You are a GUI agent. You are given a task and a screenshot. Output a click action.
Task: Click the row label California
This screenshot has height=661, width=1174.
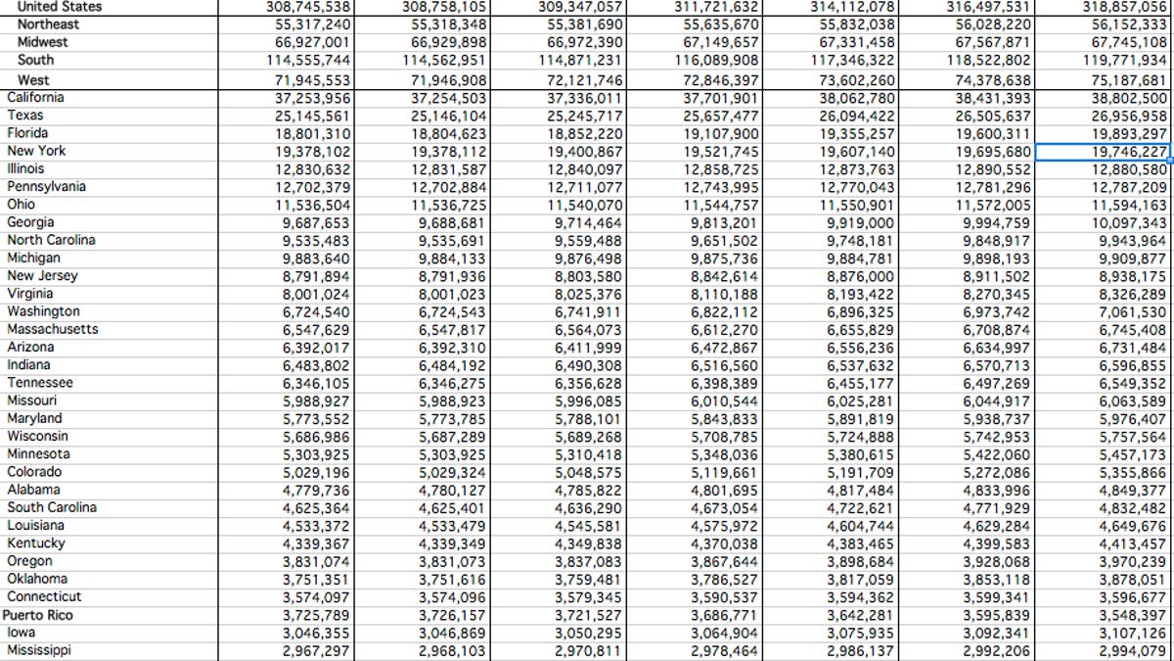coord(35,97)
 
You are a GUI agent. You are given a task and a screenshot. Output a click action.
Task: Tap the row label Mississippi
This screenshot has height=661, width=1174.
coord(39,650)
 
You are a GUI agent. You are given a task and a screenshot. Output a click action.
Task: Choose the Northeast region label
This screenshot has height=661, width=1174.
coord(48,24)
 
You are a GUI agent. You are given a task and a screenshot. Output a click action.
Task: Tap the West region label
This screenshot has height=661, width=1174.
coord(33,80)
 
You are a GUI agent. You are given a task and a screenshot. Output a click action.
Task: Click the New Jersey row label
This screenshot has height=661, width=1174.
coord(42,276)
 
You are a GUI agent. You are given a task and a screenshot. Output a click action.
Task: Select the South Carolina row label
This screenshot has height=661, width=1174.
coord(52,508)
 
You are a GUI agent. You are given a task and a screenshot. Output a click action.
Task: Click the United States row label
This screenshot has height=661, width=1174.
coord(59,6)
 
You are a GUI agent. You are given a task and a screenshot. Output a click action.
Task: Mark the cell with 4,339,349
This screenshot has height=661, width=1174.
coord(452,544)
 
